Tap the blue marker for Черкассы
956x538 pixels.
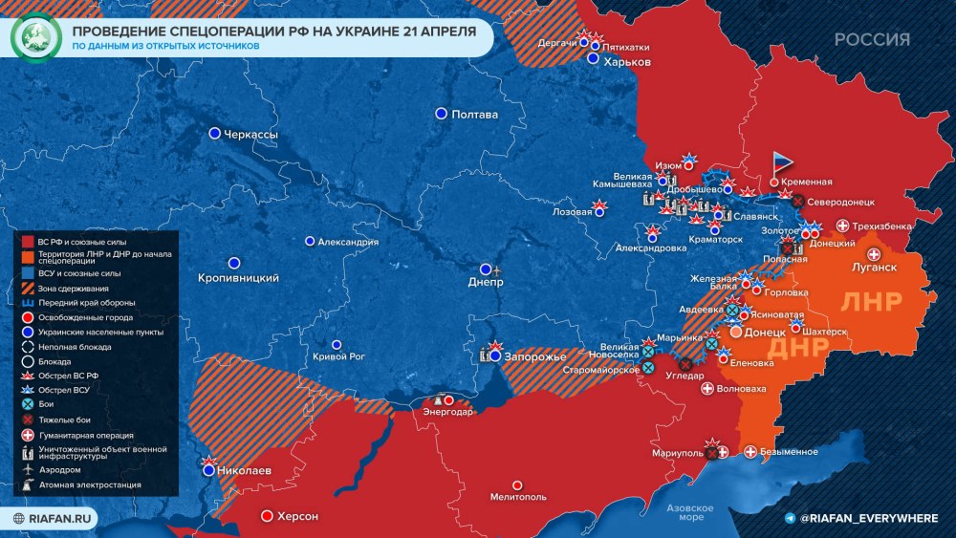pos(215,134)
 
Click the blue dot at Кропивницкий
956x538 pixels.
pos(233,262)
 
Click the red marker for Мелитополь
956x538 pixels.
pos(517,485)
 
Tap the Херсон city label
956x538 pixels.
pos(297,516)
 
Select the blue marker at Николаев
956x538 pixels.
pos(209,468)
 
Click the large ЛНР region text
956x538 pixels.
pos(871,301)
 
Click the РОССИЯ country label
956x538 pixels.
pos(872,39)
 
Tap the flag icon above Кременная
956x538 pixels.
pos(782,162)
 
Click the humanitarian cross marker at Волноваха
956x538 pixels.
pos(707,389)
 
